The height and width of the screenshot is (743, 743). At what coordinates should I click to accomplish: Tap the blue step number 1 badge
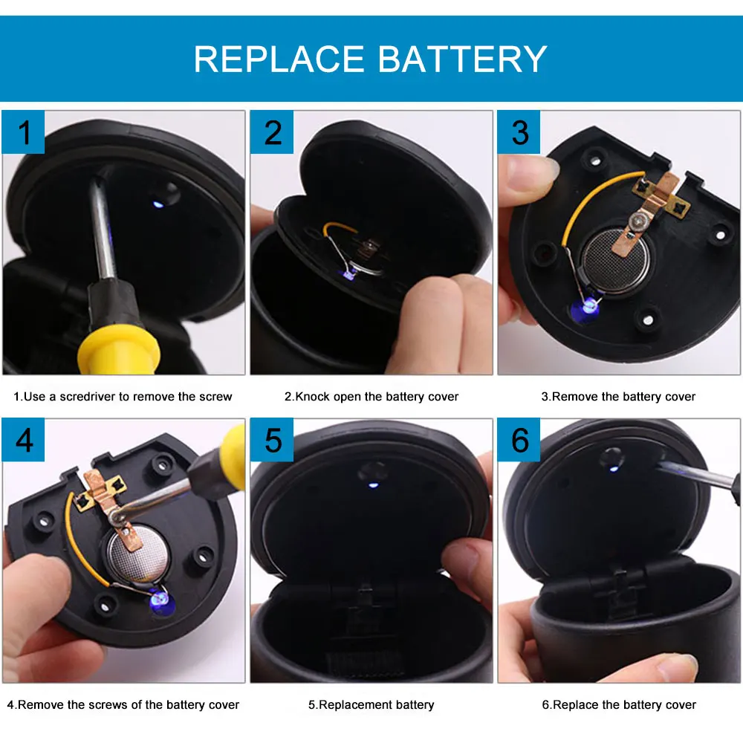click(24, 132)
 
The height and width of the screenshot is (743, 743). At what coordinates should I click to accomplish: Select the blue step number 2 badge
click(272, 132)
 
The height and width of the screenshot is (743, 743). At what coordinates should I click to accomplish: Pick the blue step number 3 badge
click(519, 132)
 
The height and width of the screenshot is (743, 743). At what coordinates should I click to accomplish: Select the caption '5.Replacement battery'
click(371, 704)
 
